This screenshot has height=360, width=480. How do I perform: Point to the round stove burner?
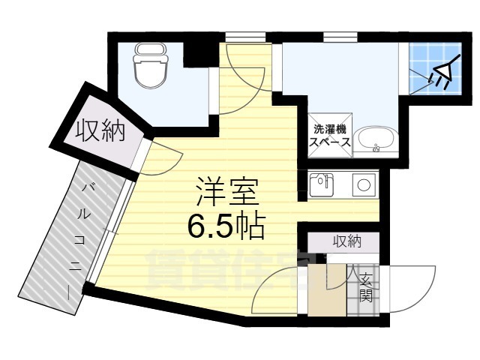[366, 184]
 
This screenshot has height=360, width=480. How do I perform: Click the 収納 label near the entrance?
[346, 242]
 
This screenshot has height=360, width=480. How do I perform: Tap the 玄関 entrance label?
[366, 288]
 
